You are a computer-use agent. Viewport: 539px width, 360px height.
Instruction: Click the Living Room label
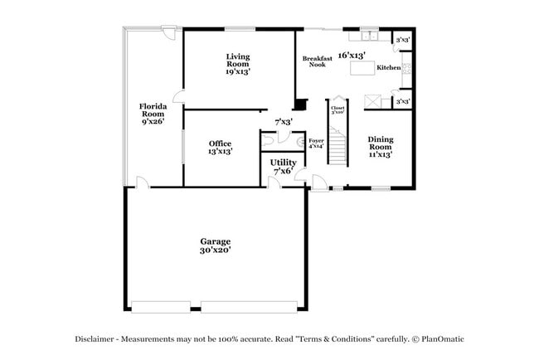(x=238, y=64)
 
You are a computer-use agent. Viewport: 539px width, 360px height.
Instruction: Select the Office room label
(x=220, y=148)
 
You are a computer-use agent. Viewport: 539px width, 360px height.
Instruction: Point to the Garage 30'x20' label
(x=215, y=246)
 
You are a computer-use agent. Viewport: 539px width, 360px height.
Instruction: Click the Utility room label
(x=283, y=167)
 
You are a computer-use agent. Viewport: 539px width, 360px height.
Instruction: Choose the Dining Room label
(x=381, y=147)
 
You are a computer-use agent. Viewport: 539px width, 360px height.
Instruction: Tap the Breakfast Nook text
(x=317, y=61)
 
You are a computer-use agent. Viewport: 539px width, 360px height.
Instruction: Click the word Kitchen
(x=389, y=67)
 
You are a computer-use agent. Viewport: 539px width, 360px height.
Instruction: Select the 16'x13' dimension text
(x=352, y=54)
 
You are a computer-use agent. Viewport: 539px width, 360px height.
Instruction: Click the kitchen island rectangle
(x=362, y=69)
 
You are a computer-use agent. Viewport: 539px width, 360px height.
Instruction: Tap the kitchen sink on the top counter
(x=369, y=36)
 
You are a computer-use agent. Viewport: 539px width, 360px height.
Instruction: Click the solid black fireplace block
(x=300, y=105)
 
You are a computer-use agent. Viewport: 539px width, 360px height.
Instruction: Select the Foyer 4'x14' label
(x=316, y=144)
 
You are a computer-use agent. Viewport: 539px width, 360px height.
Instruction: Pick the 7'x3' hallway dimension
(x=284, y=122)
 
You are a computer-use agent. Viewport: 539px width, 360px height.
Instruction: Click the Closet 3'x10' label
(x=337, y=109)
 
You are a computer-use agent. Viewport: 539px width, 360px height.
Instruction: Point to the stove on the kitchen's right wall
(x=406, y=70)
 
